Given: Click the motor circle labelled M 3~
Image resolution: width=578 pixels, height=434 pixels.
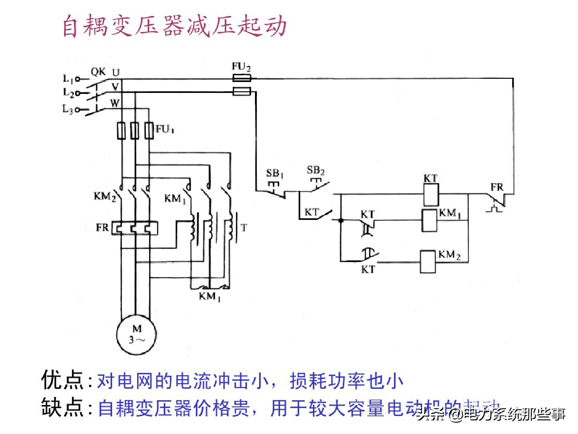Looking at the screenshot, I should click(x=136, y=335).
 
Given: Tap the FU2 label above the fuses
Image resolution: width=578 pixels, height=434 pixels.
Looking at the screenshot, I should click(x=241, y=67).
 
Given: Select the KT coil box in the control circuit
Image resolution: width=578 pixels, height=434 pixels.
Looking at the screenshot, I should click(x=431, y=195).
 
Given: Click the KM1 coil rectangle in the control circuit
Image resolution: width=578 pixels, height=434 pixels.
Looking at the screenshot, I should click(x=429, y=221).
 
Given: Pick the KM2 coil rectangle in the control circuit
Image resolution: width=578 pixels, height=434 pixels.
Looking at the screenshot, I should click(x=428, y=262).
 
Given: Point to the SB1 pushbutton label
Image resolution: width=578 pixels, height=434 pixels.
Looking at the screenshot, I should click(x=275, y=174).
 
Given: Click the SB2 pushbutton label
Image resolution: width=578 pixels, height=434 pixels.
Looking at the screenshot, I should click(x=315, y=170).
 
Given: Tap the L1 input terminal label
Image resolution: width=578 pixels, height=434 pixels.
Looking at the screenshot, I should click(x=68, y=78).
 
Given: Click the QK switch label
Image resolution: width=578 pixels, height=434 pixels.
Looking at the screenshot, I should click(x=98, y=72).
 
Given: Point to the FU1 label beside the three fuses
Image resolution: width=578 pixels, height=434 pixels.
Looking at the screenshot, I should click(x=165, y=129).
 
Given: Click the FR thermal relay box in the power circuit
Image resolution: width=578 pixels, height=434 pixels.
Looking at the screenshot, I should click(x=135, y=228).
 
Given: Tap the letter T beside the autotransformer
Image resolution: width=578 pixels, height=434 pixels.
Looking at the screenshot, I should click(x=244, y=228).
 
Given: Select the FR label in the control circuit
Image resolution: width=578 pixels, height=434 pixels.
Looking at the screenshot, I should click(x=497, y=187).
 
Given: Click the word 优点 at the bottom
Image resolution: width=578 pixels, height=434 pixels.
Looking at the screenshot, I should click(x=62, y=380).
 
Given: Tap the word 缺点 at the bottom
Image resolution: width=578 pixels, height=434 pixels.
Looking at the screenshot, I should click(x=62, y=408).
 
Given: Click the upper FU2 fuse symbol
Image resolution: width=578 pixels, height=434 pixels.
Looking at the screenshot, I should click(x=241, y=78).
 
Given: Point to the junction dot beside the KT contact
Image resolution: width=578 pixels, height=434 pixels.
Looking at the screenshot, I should click(x=341, y=220).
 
